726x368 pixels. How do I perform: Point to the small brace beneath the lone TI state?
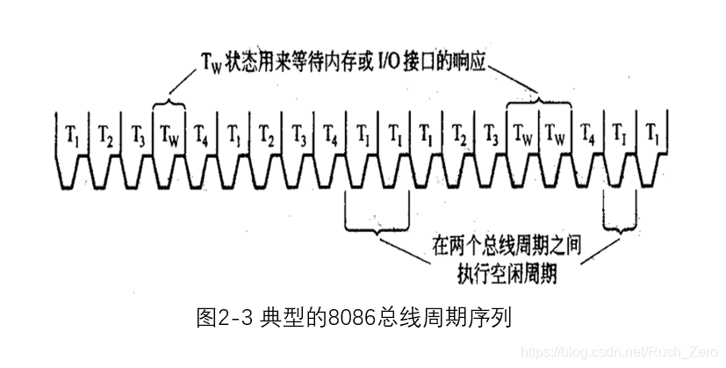pos(621,220)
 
